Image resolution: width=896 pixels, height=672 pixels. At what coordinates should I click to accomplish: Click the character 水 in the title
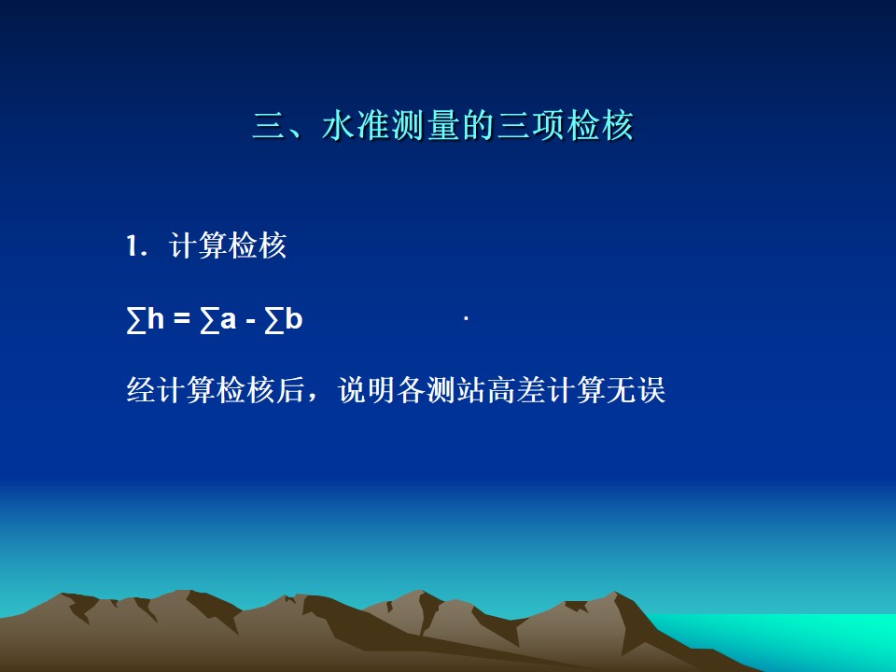pyautogui.click(x=338, y=125)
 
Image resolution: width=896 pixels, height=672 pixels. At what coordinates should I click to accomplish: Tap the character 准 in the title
pyautogui.click(x=373, y=125)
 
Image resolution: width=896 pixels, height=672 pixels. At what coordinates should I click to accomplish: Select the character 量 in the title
pyautogui.click(x=443, y=125)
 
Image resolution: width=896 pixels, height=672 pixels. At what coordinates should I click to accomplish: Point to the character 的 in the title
pyautogui.click(x=478, y=125)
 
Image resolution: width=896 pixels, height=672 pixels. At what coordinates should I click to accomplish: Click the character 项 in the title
pyautogui.click(x=548, y=125)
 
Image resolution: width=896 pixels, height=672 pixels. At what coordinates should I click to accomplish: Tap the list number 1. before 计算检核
pyautogui.click(x=137, y=246)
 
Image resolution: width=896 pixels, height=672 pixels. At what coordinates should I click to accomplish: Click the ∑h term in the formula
pyautogui.click(x=146, y=319)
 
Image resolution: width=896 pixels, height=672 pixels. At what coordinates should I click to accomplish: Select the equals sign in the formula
pyautogui.click(x=182, y=319)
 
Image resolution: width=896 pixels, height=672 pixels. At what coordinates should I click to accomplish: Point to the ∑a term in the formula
pyautogui.click(x=217, y=320)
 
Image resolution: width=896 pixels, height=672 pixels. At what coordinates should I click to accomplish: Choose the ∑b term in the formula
pyautogui.click(x=283, y=320)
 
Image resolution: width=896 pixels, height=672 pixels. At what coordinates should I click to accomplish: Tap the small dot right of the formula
pyautogui.click(x=467, y=319)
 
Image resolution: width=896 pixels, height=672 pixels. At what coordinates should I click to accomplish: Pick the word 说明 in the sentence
pyautogui.click(x=366, y=390)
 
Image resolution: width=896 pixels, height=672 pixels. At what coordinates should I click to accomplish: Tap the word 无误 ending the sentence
pyautogui.click(x=637, y=390)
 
